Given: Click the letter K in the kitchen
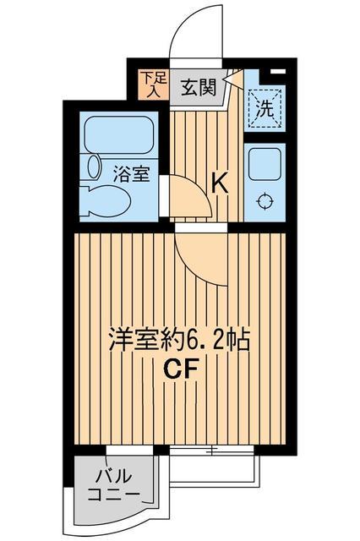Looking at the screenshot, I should [x=219, y=182].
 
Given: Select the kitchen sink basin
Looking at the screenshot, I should [x=265, y=161].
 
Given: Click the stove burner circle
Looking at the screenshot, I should [x=265, y=201].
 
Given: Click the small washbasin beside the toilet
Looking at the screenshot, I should [x=92, y=167].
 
